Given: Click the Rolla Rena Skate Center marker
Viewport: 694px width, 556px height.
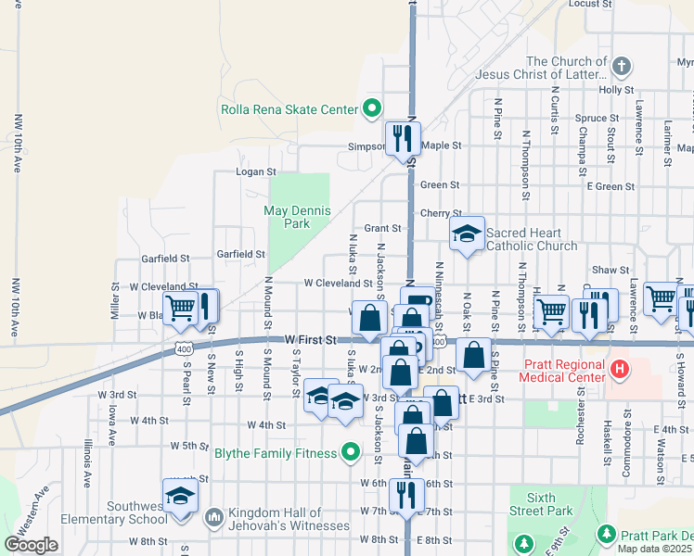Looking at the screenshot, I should tap(372, 109).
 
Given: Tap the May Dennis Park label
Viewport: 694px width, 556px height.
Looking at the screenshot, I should tap(297, 217).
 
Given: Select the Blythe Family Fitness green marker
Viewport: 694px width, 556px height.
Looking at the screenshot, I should tap(351, 452).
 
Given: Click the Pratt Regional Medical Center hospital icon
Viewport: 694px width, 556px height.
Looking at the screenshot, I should tap(620, 370).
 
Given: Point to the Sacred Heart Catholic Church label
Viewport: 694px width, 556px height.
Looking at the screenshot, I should tap(532, 239).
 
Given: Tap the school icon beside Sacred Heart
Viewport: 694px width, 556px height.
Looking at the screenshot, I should tap(467, 234).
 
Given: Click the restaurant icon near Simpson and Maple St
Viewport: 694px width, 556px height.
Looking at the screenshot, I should tap(402, 138).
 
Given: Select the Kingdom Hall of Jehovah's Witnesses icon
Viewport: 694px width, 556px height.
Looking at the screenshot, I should tap(212, 515).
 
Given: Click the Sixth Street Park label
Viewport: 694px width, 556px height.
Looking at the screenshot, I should tap(537, 503).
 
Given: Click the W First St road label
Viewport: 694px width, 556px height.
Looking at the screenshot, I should tap(311, 340).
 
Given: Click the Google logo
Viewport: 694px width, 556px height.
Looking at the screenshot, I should tap(31, 545).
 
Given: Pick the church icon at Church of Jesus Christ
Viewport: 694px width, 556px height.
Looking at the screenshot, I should tap(622, 67).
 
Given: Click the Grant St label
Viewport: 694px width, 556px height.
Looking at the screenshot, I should tap(382, 228).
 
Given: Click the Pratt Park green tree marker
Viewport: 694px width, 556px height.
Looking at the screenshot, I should tap(607, 535).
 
